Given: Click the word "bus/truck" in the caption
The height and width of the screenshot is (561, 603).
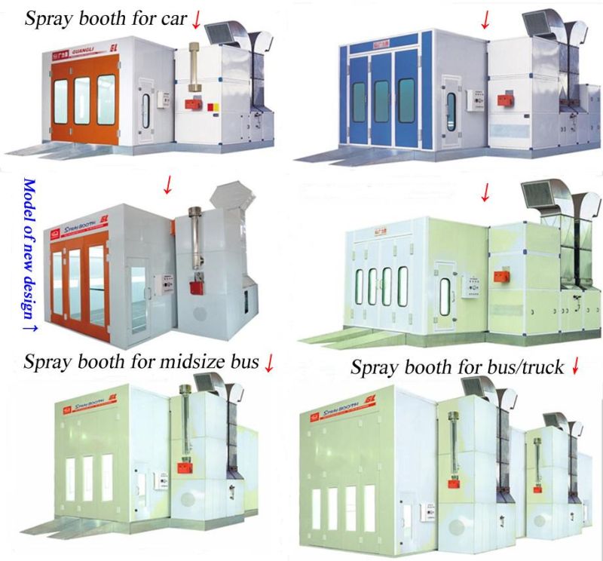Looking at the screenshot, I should [528, 368].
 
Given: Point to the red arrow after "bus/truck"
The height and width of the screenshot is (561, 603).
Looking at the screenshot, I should [576, 367].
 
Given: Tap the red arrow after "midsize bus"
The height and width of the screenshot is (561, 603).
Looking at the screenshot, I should [269, 363].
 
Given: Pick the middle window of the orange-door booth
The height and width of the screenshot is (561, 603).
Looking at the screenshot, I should [81, 100].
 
